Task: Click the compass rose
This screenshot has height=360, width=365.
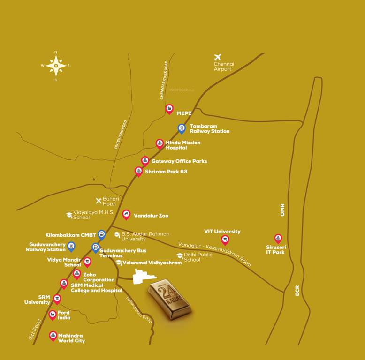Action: coord(56,66)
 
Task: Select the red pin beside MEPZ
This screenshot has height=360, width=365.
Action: coord(169,109)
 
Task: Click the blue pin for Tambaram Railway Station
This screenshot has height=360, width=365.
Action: coord(182,127)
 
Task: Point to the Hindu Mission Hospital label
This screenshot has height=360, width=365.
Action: coord(182,145)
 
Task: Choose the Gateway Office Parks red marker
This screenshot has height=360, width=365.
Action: coord(145,161)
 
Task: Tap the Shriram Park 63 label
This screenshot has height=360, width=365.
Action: coord(166,172)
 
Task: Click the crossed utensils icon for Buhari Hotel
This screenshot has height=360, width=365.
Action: coord(99,201)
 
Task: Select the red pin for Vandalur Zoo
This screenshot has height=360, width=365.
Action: coord(126,215)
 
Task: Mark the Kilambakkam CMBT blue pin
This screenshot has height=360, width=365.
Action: coord(101,234)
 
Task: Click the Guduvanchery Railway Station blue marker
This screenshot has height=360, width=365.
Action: coord(71,246)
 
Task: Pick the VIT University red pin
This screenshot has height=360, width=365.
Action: coord(225,240)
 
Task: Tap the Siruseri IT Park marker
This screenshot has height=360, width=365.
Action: coord(278,239)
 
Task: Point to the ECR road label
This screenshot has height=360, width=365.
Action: coord(297,291)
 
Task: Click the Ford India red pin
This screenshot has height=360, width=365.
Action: coord(53,315)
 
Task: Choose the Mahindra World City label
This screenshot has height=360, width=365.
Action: coord(71,338)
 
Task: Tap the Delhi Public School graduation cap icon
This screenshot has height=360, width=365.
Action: coord(179,255)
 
